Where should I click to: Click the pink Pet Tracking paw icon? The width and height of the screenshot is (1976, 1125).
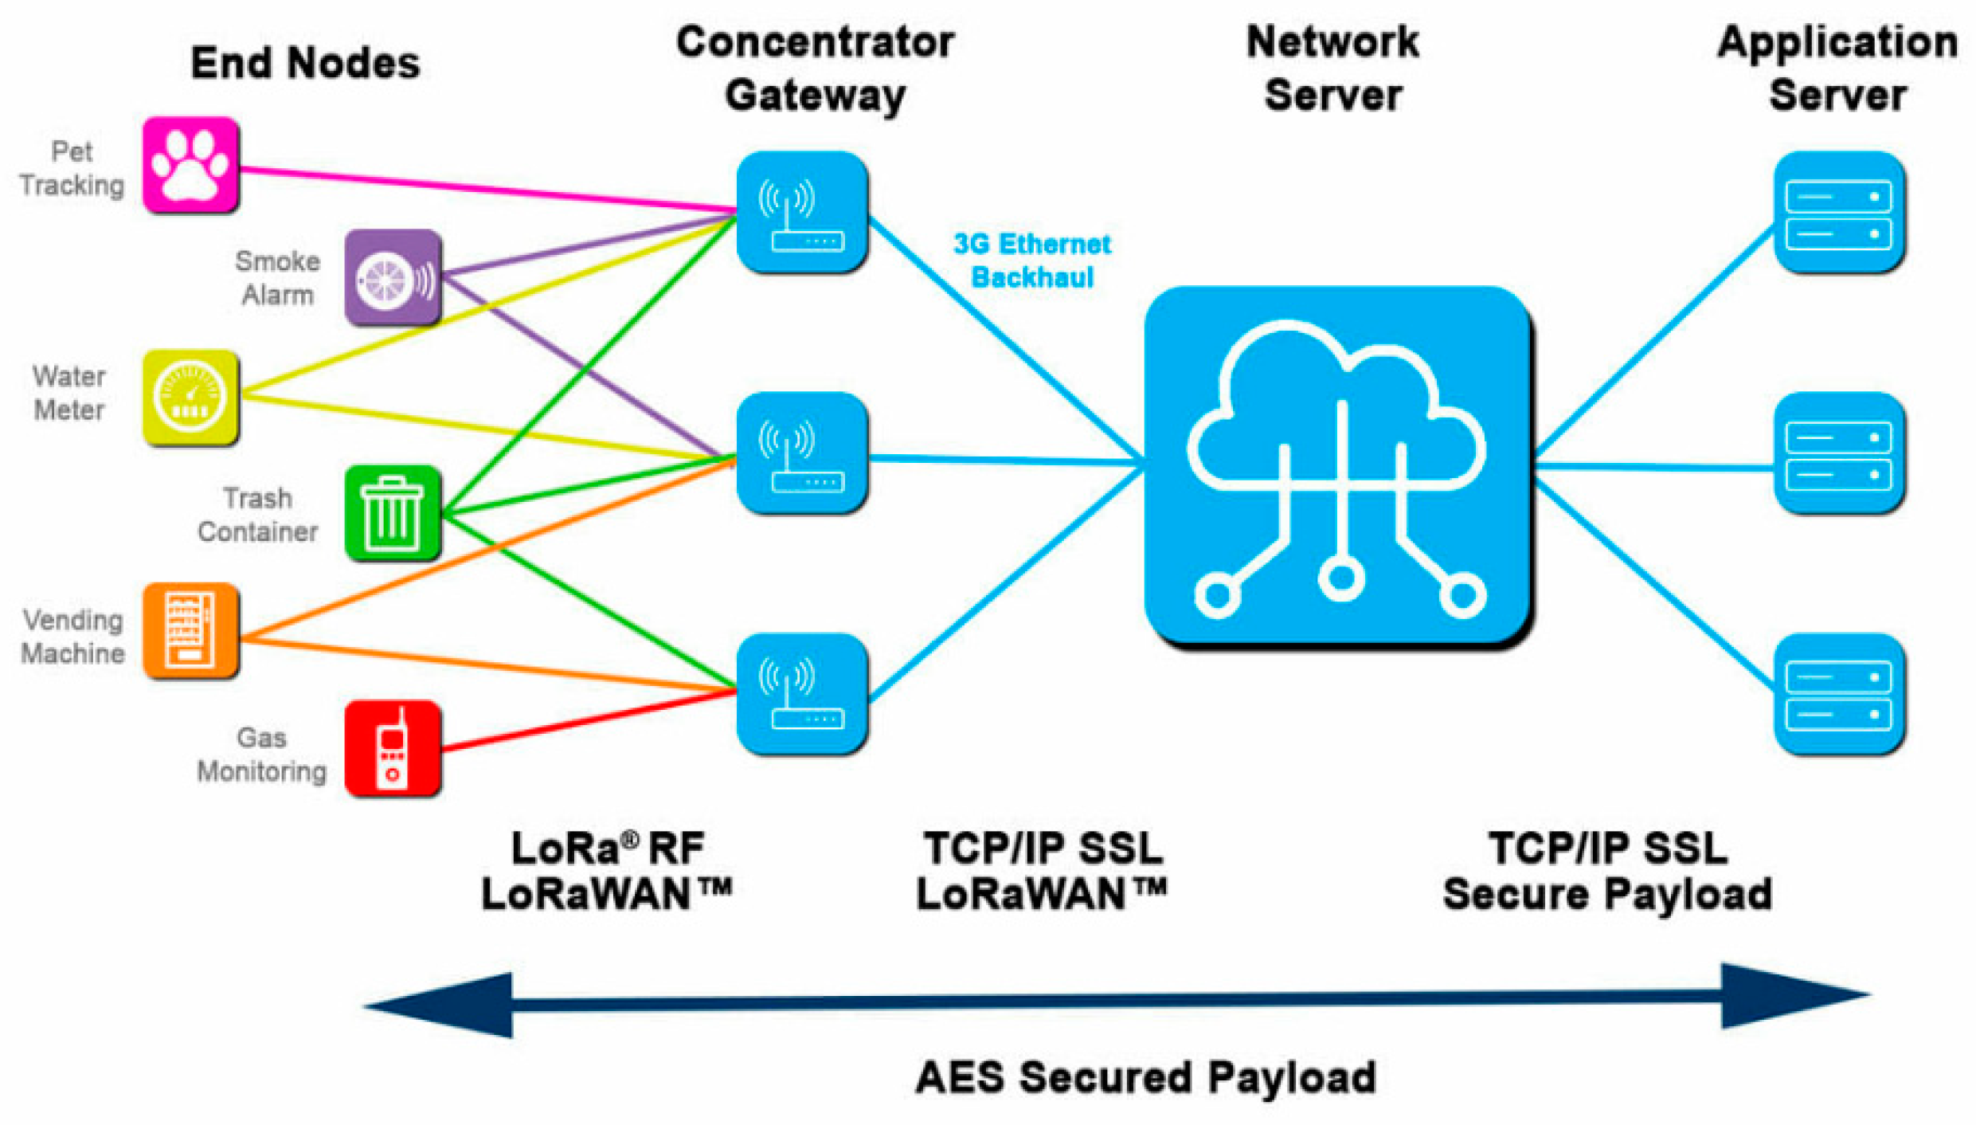(x=190, y=165)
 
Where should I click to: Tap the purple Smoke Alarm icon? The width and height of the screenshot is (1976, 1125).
(x=393, y=277)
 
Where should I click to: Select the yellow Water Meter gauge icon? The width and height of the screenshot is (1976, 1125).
(x=190, y=397)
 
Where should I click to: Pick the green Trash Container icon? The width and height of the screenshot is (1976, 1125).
(x=393, y=512)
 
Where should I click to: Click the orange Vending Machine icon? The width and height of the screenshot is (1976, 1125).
(x=190, y=630)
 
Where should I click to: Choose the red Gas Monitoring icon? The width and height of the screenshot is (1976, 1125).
(x=393, y=748)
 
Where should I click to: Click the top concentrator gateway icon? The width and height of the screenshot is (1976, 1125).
(x=802, y=213)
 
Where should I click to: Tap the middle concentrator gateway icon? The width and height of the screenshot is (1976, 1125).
(x=802, y=453)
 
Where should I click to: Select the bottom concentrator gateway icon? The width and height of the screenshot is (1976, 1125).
(x=802, y=693)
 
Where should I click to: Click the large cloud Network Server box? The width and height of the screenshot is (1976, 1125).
(x=1338, y=466)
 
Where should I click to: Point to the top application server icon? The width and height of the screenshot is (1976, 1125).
(x=1839, y=213)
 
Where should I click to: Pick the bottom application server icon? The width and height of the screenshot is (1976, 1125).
(x=1839, y=693)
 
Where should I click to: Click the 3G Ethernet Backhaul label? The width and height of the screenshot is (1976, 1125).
(x=1032, y=261)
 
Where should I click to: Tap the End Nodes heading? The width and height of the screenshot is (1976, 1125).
(x=305, y=63)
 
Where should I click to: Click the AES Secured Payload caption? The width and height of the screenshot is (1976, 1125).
(x=1146, y=1077)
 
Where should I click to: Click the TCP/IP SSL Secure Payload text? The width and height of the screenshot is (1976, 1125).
(x=1607, y=870)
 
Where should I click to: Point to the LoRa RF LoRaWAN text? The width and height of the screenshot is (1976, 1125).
(x=607, y=870)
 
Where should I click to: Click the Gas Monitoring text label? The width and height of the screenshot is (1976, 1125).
(x=262, y=755)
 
